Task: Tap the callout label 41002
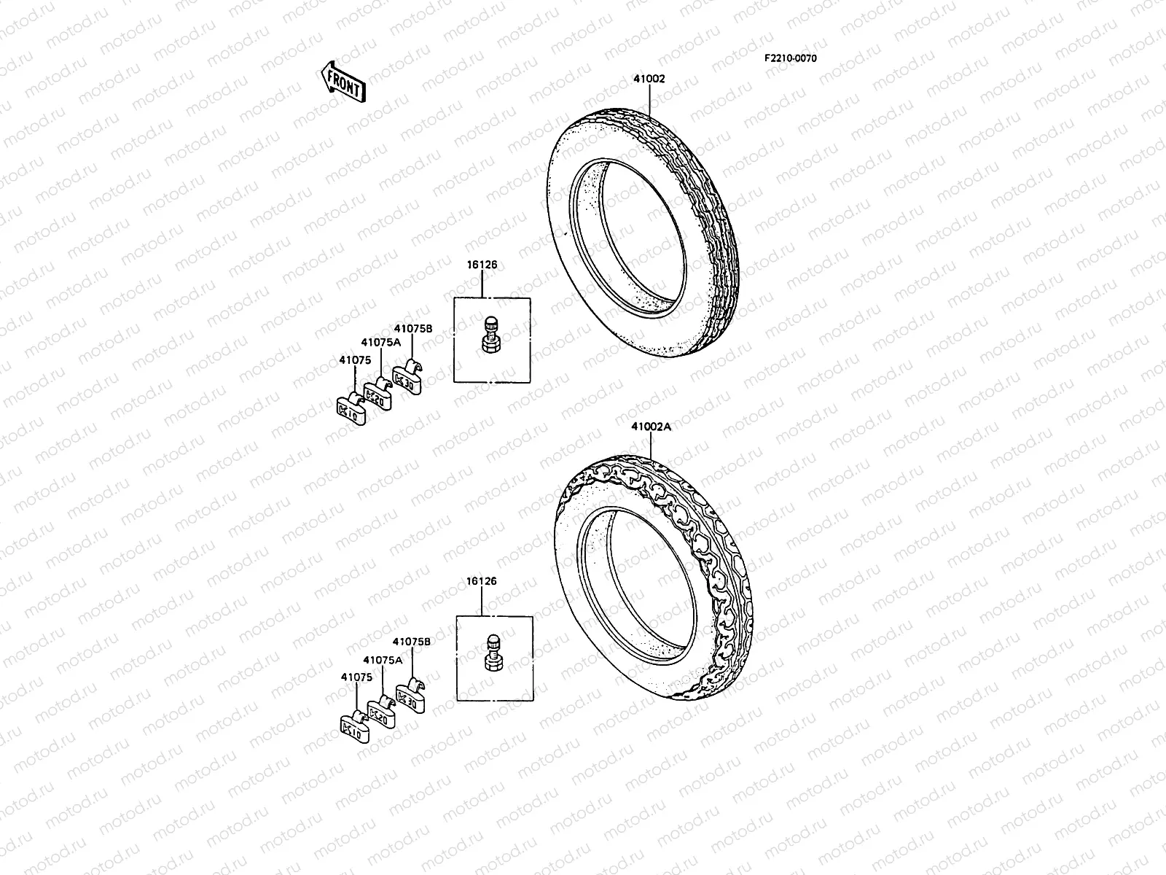648,79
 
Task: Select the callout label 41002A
651,428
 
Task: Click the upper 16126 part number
482,265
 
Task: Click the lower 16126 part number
481,581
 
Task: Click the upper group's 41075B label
414,329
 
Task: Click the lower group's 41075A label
383,660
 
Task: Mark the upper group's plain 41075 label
355,359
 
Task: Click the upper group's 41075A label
380,342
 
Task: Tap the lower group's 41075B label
412,642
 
